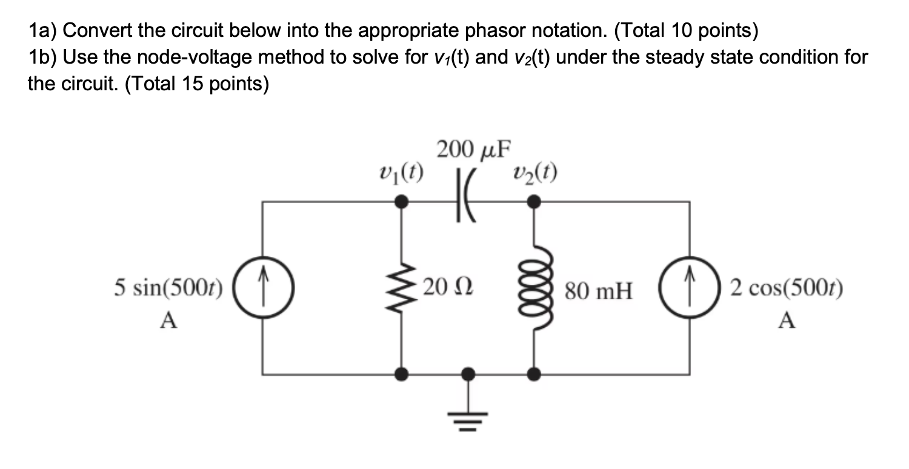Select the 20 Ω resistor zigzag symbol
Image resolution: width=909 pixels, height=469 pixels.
coord(401,288)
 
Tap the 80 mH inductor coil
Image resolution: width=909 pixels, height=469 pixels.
coord(533,288)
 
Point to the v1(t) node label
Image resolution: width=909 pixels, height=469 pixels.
coord(400,173)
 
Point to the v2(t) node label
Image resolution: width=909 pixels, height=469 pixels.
coord(533,173)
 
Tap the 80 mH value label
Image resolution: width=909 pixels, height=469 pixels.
coord(598,293)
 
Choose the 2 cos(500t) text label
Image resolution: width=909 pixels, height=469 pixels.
coord(787,288)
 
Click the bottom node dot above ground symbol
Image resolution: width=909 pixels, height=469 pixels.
coord(467,374)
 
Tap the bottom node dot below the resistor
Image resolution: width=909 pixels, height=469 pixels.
coord(401,374)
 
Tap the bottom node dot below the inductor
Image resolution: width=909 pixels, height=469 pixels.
coord(533,374)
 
